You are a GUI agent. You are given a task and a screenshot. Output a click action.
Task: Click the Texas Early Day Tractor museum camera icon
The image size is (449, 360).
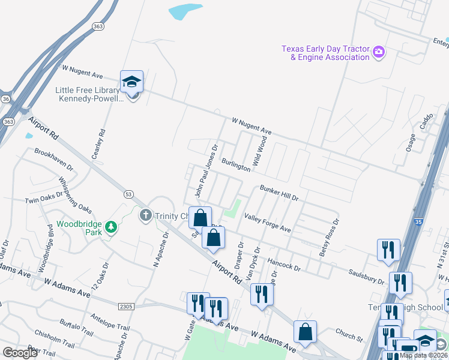point(379,52)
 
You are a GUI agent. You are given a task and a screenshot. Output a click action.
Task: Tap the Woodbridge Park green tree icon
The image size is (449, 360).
point(110,227)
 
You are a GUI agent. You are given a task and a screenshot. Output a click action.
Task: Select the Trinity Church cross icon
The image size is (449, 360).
point(145,215)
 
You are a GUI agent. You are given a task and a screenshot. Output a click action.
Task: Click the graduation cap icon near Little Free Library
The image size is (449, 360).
point(131,83)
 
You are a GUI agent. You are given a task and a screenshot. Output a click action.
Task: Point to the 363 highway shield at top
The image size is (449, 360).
point(98,27)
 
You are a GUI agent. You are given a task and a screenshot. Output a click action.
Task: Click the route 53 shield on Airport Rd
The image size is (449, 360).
point(128,193)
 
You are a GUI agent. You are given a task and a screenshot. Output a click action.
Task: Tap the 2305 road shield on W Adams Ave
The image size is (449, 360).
point(126,307)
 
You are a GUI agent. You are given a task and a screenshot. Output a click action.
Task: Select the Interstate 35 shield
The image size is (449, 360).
point(418,222)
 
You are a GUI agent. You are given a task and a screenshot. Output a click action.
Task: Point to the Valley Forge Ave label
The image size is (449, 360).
point(268,226)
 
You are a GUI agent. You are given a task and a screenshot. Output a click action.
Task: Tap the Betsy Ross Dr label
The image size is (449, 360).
point(330,238)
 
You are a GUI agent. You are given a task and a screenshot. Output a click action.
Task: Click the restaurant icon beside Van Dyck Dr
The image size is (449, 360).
point(261,295)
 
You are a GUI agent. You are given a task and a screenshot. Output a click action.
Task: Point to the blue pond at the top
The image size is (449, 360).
point(186,11)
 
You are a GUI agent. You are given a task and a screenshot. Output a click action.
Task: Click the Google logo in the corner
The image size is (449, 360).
point(19,353)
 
